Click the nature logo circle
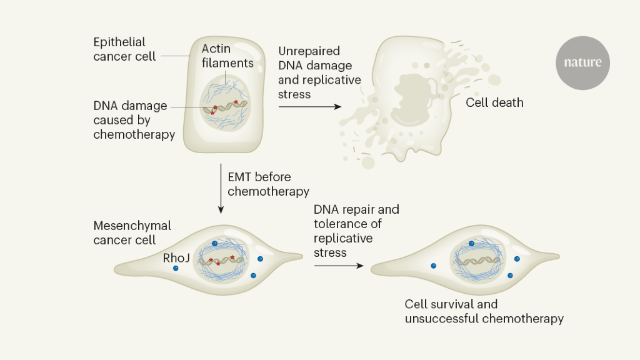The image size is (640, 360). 582,63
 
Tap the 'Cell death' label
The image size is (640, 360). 494,102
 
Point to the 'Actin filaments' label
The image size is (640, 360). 227,56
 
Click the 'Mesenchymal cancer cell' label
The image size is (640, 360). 132,232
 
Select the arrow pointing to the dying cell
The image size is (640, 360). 310,106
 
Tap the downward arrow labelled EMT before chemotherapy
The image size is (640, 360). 220,188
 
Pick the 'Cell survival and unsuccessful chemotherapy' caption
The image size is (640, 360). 484,311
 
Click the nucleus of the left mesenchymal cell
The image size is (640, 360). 221,259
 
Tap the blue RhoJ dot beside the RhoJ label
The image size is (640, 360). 176,269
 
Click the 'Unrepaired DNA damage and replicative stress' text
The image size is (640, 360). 319,72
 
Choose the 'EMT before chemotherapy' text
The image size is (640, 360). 268,184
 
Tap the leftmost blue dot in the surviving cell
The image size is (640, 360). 433,266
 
